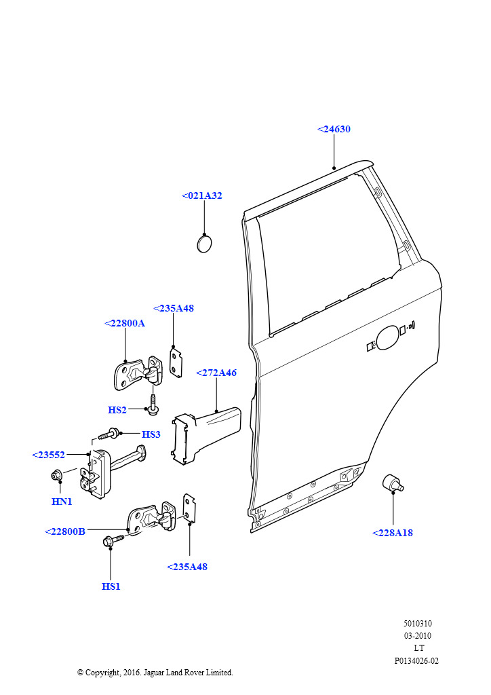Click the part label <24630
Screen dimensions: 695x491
pos(334,129)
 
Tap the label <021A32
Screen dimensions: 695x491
pos(202,195)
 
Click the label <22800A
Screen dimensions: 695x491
pos(125,323)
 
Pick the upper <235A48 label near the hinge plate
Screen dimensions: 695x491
pos(174,308)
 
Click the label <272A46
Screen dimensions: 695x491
pos(216,373)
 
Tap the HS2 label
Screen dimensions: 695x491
pos(117,410)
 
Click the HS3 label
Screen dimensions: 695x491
pos(151,434)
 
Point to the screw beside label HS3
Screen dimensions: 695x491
pos(111,432)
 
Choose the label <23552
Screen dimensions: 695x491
pos(48,455)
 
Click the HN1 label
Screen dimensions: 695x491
pos(62,502)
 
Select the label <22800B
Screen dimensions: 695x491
pos(65,531)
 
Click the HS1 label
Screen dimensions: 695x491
pos(111,586)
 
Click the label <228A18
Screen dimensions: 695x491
pos(392,533)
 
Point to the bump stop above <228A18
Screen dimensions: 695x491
pos(392,483)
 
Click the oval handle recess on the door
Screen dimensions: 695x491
pos(387,337)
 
